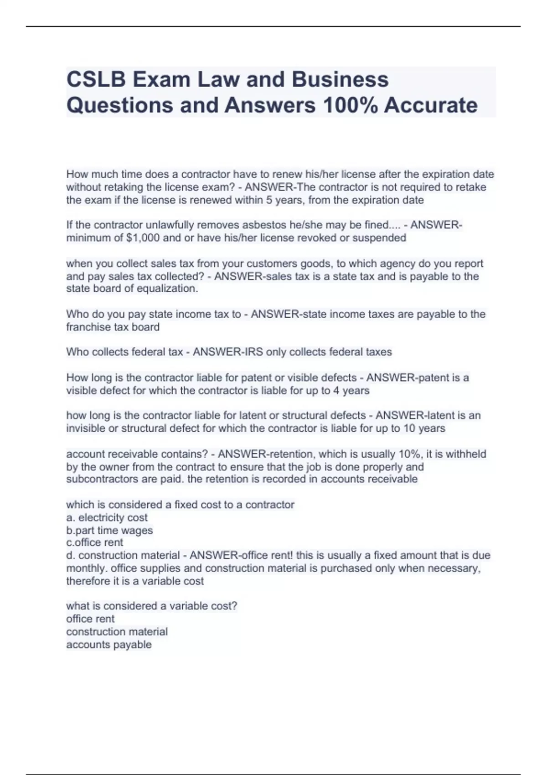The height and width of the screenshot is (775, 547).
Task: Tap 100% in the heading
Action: coord(349,105)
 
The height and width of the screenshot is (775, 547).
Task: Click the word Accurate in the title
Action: coord(430,105)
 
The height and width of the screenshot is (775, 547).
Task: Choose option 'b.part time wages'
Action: coord(109,530)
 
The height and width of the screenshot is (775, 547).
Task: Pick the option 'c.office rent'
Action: coord(94,542)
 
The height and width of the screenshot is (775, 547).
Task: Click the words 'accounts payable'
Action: coord(108,645)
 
